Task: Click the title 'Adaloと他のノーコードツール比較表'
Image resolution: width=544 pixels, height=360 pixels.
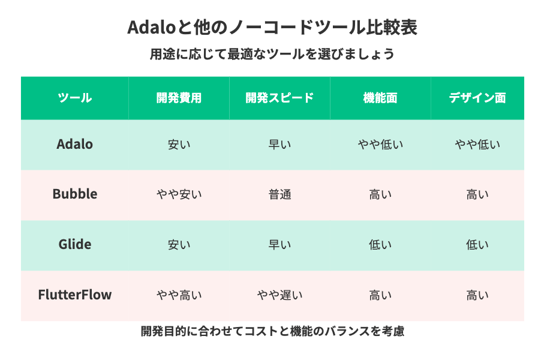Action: (272, 27)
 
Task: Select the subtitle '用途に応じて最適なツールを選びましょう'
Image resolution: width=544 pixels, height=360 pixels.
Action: (272, 54)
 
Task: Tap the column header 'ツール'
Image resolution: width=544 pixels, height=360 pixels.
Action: (75, 98)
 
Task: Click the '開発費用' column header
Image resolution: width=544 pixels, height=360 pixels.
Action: (179, 98)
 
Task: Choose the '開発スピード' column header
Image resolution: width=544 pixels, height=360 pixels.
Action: (279, 98)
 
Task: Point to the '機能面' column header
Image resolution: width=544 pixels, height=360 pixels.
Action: (380, 98)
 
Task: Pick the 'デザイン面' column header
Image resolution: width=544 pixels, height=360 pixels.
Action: (477, 98)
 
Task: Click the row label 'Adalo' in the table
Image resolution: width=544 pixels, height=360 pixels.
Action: (75, 144)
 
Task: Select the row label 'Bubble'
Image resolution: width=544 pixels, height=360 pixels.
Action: (75, 194)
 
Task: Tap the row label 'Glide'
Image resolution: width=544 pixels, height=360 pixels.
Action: (75, 244)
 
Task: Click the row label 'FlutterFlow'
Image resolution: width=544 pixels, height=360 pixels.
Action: (75, 295)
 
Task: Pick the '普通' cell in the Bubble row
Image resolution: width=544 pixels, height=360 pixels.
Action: (279, 194)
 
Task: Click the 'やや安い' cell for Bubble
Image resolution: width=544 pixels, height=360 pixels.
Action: (179, 194)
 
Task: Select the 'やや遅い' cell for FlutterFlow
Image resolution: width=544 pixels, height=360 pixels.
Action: (279, 295)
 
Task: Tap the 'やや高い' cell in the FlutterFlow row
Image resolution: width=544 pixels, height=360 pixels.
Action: (179, 295)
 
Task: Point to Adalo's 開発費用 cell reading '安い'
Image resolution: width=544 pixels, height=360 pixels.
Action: (179, 145)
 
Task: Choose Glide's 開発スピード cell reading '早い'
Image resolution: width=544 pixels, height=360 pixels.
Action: (279, 245)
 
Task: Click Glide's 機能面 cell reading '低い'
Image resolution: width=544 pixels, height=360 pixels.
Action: (380, 245)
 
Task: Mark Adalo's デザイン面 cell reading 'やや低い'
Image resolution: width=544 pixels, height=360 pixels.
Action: (477, 145)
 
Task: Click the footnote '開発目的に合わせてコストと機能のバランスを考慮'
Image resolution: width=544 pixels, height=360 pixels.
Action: (272, 331)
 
